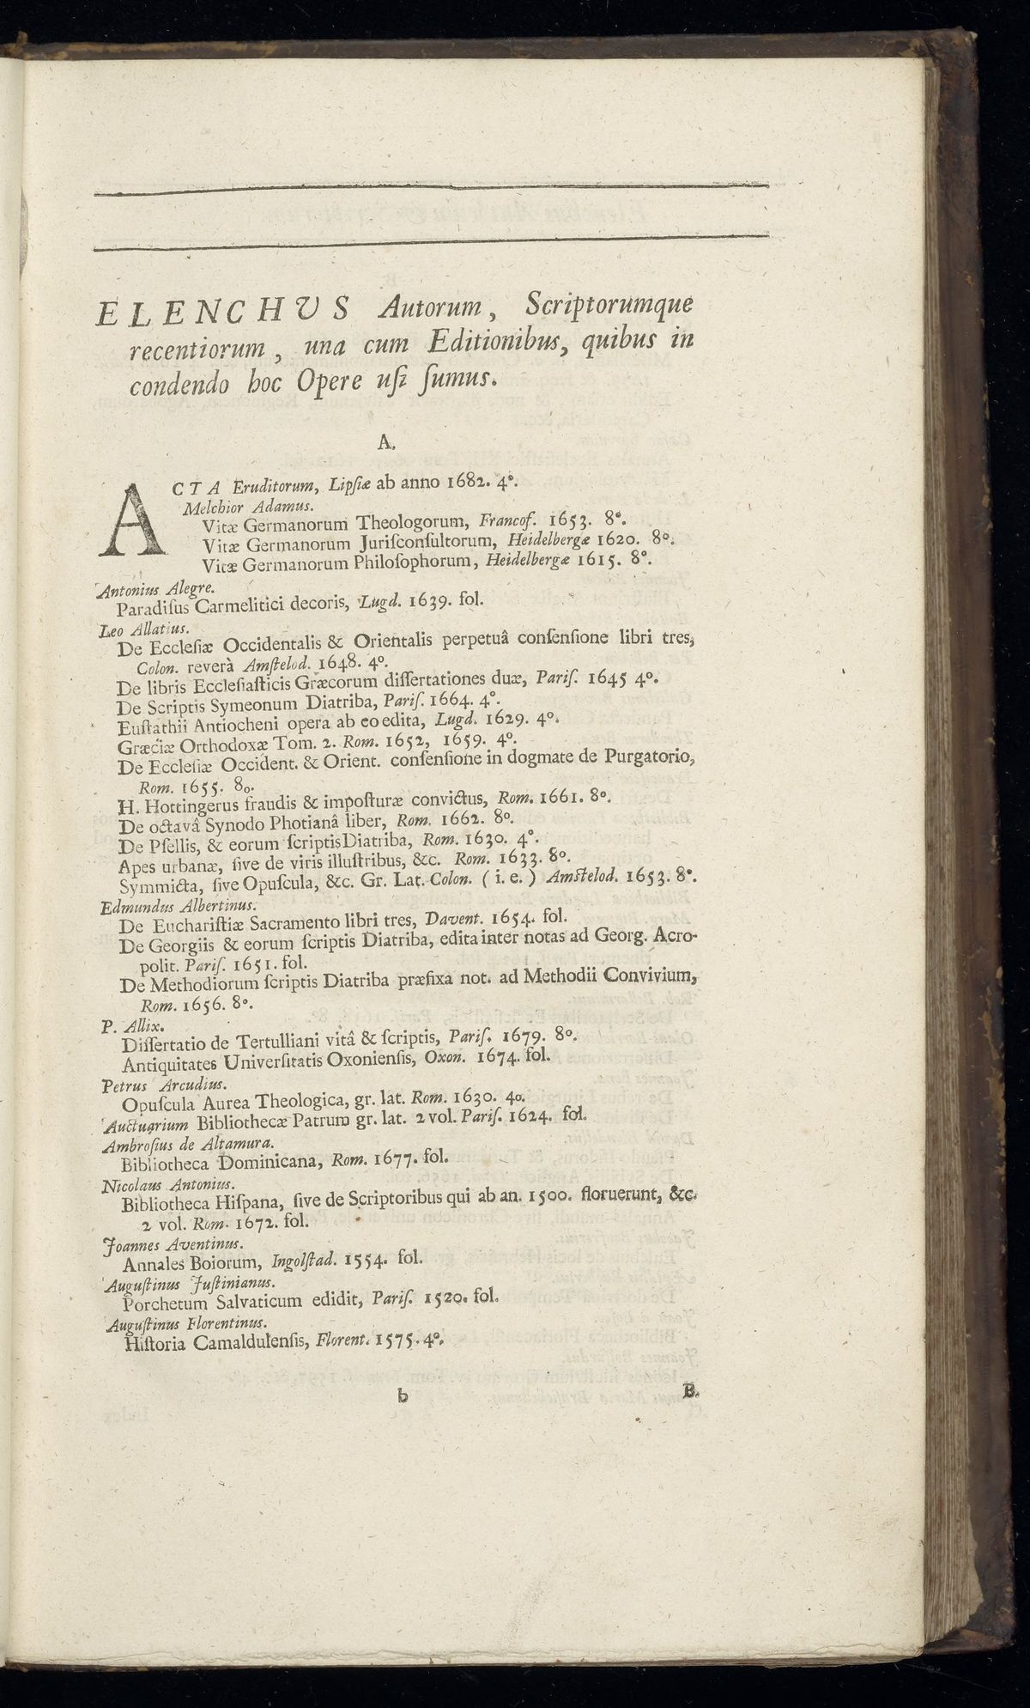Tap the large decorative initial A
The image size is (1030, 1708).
coord(133,519)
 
